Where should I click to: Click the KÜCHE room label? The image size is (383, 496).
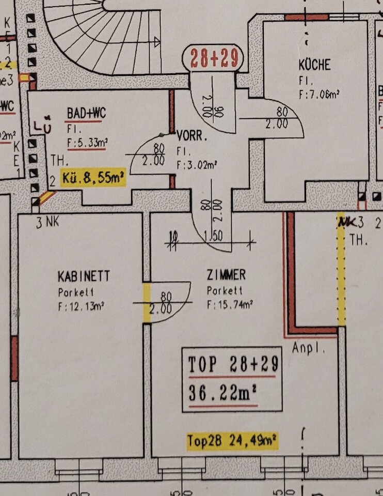coord(314,66)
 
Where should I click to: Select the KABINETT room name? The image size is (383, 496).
coord(84,277)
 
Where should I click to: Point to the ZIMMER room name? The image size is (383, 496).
coord(226,275)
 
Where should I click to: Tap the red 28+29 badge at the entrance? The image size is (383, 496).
coord(214,58)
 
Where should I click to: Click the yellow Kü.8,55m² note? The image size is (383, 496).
coord(93,178)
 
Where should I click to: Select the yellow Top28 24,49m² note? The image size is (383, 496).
coord(232,441)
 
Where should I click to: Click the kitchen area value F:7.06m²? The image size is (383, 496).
coord(319,94)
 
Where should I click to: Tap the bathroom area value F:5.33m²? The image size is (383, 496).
coord(86,143)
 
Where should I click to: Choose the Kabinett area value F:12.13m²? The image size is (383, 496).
coord(82,307)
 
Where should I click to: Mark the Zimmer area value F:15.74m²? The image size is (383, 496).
coord(230,305)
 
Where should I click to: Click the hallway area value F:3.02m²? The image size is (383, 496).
coord(196,166)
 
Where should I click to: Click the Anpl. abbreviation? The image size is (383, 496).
coord(309,348)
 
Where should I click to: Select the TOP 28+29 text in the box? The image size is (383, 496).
coord(233,365)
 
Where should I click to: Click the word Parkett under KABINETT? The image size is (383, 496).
coord(76,292)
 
